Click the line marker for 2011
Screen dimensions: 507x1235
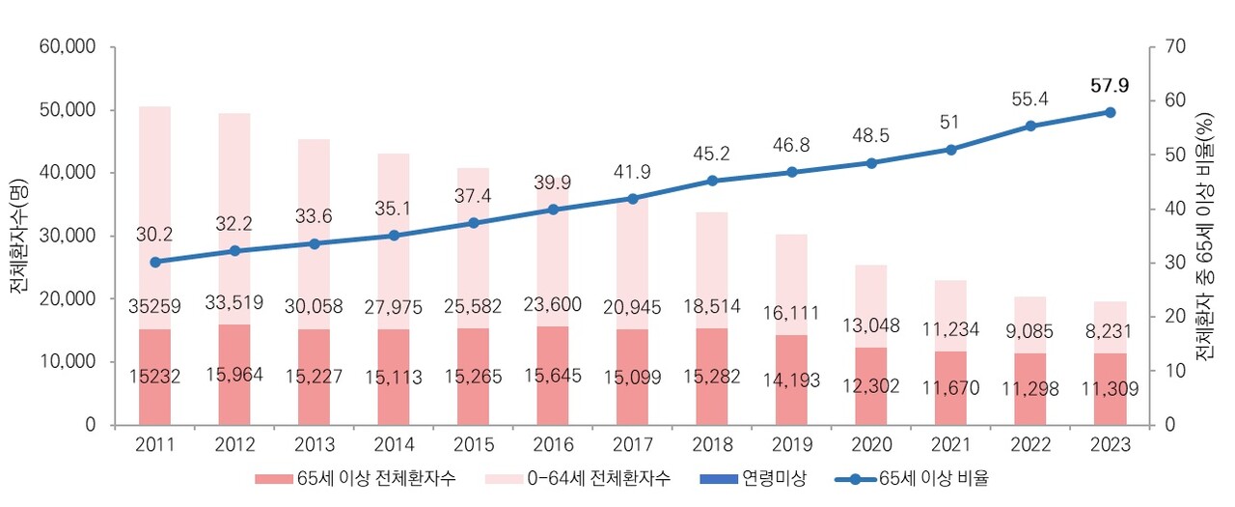pyautogui.click(x=154, y=262)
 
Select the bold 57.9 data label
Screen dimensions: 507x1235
pyautogui.click(x=1110, y=86)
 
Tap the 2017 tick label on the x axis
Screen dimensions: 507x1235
pyautogui.click(x=632, y=445)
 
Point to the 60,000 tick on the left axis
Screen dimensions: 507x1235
pyautogui.click(x=67, y=46)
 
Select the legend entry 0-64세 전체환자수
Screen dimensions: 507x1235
pyautogui.click(x=595, y=479)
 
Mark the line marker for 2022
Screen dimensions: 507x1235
pyautogui.click(x=1030, y=126)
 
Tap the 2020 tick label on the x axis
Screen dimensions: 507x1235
pyautogui.click(x=871, y=445)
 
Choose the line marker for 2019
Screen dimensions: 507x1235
pyautogui.click(x=792, y=172)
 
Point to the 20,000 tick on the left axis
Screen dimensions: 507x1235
pyautogui.click(x=67, y=298)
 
